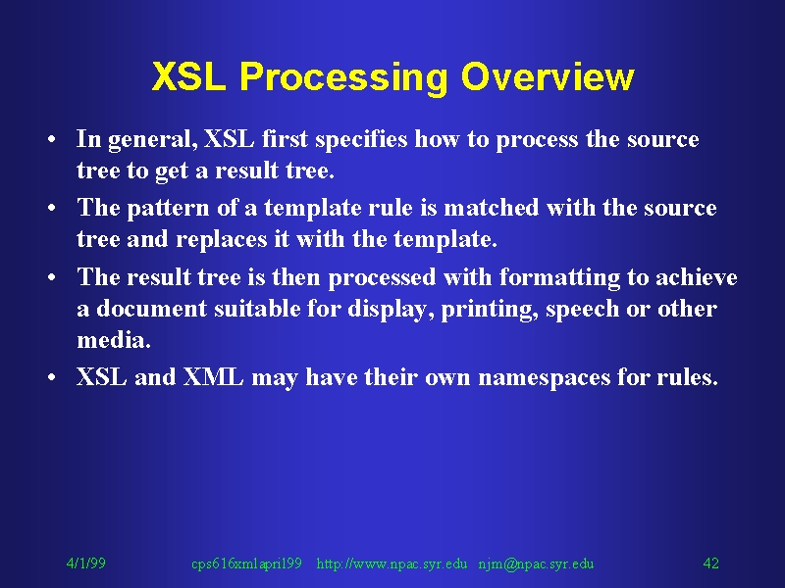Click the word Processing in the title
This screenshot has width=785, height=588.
[343, 77]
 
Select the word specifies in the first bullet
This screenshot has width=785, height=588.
[361, 139]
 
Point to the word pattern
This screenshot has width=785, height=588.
[168, 209]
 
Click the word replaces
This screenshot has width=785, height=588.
[222, 239]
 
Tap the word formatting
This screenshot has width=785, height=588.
[559, 277]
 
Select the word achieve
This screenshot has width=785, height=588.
[697, 277]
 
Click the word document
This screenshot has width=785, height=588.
[151, 308]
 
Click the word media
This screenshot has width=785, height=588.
[114, 340]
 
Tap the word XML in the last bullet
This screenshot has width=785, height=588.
[213, 376]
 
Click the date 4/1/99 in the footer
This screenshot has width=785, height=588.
[86, 563]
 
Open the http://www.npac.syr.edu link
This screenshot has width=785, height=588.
[392, 564]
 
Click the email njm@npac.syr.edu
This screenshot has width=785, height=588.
[536, 564]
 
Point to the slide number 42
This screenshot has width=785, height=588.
[710, 563]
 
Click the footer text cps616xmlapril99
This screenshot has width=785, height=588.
[247, 564]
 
